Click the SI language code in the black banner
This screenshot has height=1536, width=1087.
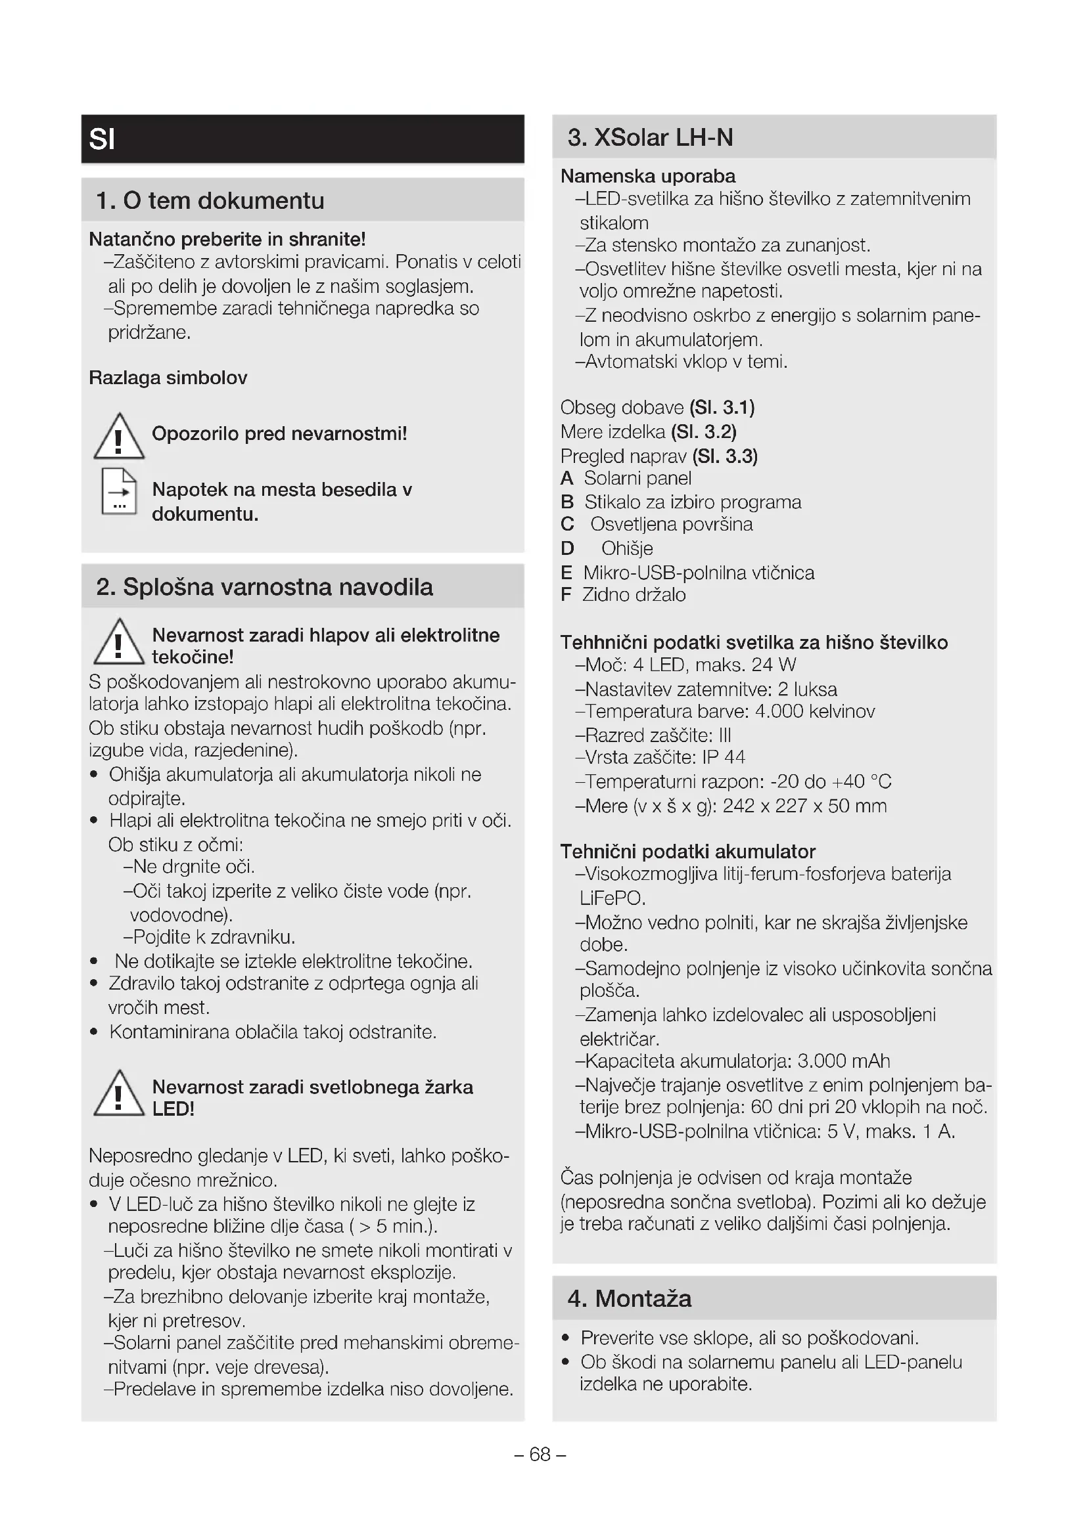pyautogui.click(x=103, y=139)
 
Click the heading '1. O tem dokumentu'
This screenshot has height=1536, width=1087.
pyautogui.click(x=210, y=200)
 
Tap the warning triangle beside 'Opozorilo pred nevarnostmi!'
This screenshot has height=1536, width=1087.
pyautogui.click(x=118, y=436)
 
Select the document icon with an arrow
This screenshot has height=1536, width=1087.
pyautogui.click(x=118, y=492)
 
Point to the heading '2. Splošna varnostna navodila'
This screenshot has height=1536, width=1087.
pyautogui.click(x=264, y=586)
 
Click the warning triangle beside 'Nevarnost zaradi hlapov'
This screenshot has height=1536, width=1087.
pyautogui.click(x=118, y=642)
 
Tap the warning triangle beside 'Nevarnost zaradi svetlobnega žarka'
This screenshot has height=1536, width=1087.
pyautogui.click(x=118, y=1093)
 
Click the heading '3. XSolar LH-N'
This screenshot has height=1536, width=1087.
pyautogui.click(x=650, y=137)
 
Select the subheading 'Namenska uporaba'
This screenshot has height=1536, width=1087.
pyautogui.click(x=647, y=176)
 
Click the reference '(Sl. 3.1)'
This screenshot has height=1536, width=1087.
pyautogui.click(x=722, y=407)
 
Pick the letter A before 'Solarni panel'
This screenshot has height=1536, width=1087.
pyautogui.click(x=567, y=478)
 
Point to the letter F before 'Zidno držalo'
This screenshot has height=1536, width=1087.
pyautogui.click(x=567, y=595)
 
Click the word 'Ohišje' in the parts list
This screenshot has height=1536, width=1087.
pyautogui.click(x=626, y=548)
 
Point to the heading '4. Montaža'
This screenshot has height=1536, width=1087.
pyautogui.click(x=629, y=1298)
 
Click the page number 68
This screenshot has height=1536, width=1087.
pyautogui.click(x=540, y=1455)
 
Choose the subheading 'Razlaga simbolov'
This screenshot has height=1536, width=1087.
pyautogui.click(x=168, y=378)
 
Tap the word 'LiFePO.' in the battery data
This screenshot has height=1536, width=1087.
pyautogui.click(x=613, y=898)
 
